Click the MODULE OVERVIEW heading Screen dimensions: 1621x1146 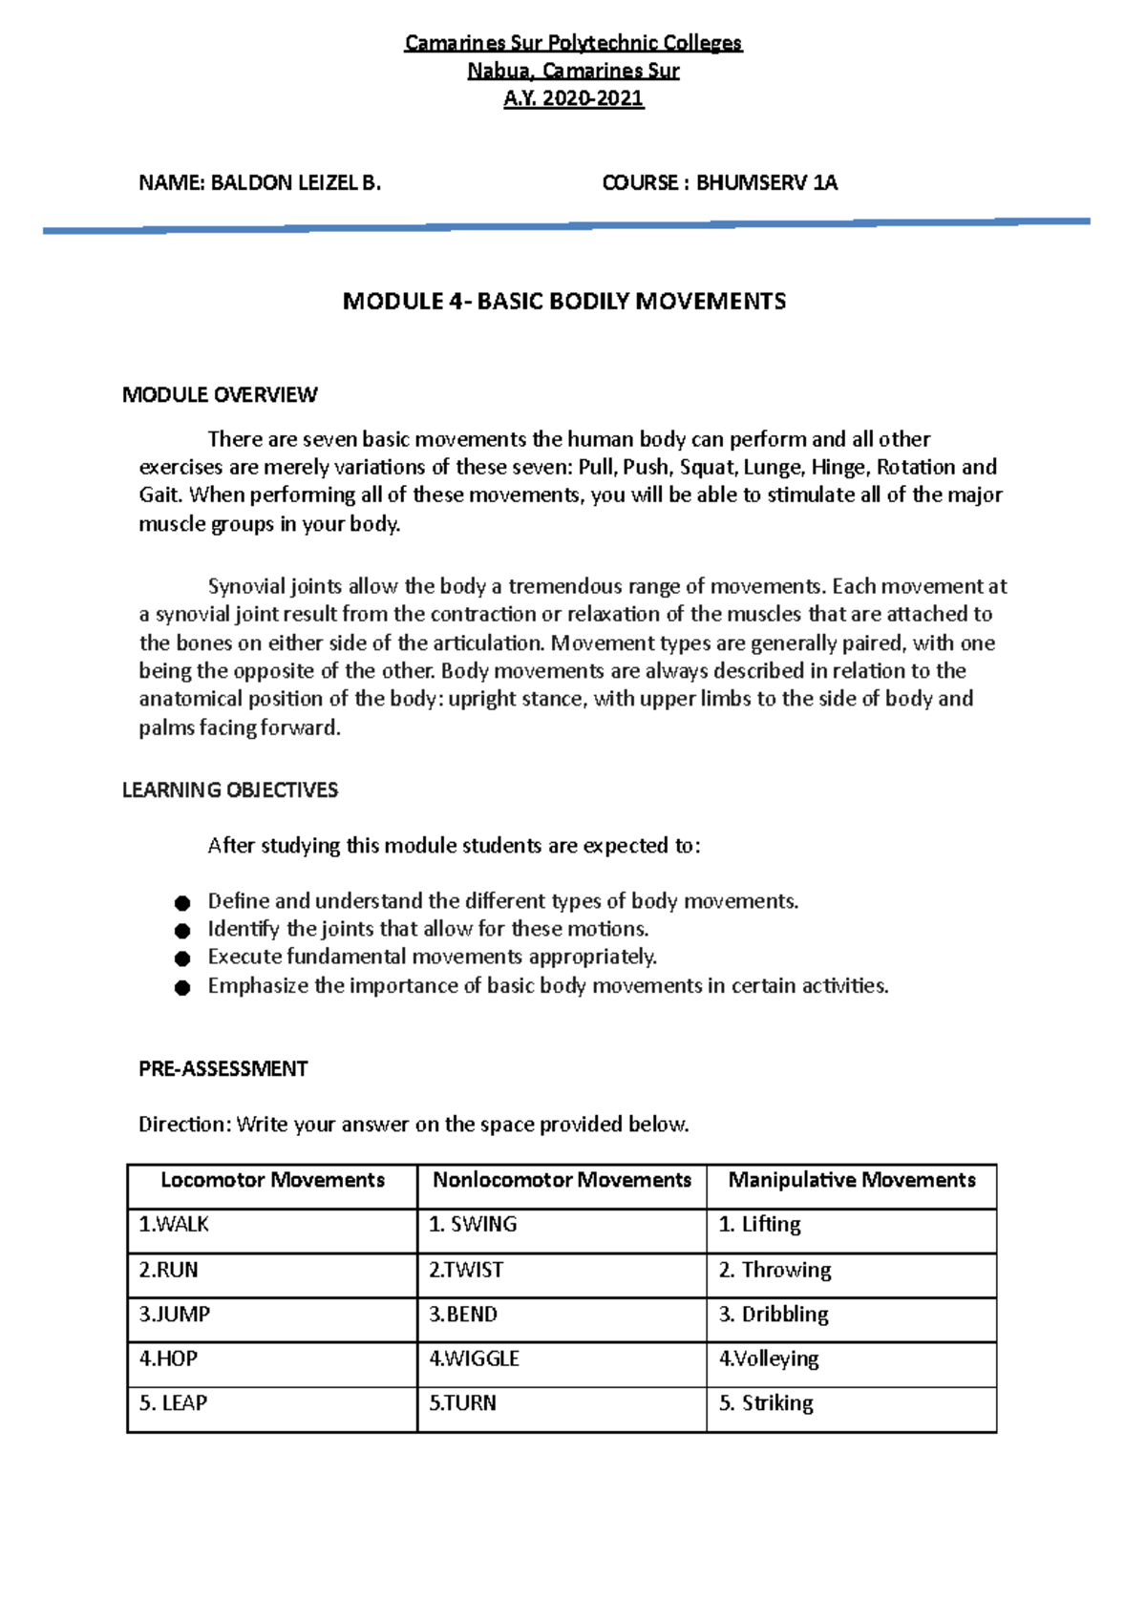220,394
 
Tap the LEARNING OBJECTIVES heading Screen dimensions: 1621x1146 230,789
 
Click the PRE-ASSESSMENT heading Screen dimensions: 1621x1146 223,1068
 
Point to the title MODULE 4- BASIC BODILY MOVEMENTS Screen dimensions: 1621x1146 564,302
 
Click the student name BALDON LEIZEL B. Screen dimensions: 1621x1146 295,183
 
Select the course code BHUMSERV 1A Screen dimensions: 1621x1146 767,183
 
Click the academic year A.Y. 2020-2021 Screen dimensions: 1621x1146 574,98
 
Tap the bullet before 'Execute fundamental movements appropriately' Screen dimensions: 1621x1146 182,958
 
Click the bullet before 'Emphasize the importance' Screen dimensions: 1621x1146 182,987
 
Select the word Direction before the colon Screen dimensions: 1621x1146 183,1125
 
